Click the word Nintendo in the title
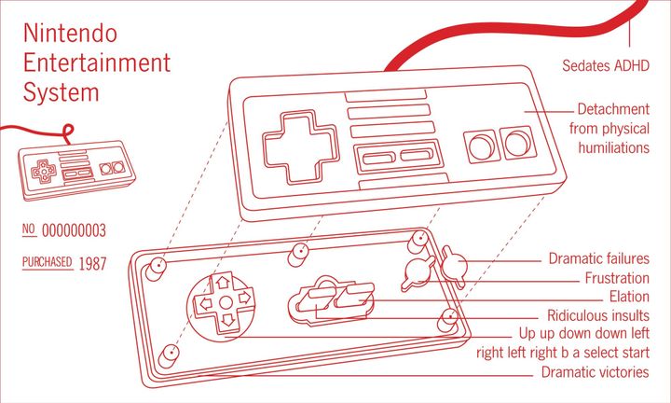click(x=70, y=33)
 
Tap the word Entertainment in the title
click(x=97, y=63)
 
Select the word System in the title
click(x=61, y=93)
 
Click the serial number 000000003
click(x=74, y=230)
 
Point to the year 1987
click(x=92, y=263)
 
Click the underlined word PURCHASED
click(x=48, y=262)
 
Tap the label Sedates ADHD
click(x=606, y=65)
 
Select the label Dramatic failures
click(x=598, y=258)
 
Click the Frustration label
click(x=617, y=278)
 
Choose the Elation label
click(x=629, y=297)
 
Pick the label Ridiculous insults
click(x=598, y=315)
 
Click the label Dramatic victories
click(x=596, y=371)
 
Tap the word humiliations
click(x=613, y=147)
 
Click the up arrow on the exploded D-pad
click(x=223, y=283)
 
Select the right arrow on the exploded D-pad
click(x=244, y=298)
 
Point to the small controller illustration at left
click(x=76, y=170)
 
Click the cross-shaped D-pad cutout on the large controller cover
click(x=300, y=146)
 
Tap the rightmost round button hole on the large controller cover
click(x=518, y=143)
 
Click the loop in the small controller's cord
click(x=68, y=132)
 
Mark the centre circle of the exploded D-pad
click(x=226, y=303)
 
